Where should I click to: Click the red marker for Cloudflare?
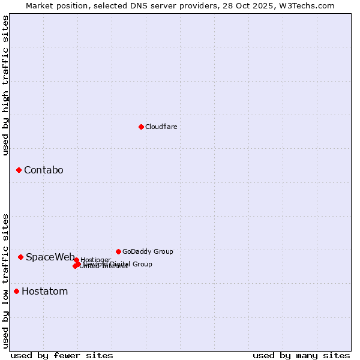tap(141, 127)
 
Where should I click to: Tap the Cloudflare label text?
tap(161, 127)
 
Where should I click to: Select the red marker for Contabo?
tap(19, 170)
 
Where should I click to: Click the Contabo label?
tap(43, 170)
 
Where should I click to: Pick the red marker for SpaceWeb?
tap(20, 257)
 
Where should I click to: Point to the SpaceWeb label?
tap(50, 257)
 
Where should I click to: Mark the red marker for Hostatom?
tap(16, 292)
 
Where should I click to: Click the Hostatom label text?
tap(44, 292)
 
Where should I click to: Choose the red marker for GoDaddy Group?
tap(118, 251)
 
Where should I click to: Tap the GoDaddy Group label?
tap(148, 251)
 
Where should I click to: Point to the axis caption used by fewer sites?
tap(62, 355)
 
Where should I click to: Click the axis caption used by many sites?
tap(301, 355)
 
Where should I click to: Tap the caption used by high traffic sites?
tap(5, 85)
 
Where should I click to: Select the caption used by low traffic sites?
tap(5, 280)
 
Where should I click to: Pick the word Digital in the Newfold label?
tap(120, 264)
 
